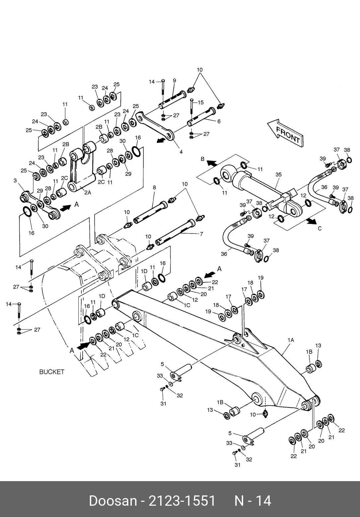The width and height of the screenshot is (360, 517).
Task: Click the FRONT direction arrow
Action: pos(285,133)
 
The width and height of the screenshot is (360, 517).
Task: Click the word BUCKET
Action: pos(52,372)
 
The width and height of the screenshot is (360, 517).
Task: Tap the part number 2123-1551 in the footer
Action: pos(182,500)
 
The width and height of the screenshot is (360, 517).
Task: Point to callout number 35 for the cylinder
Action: pos(278,174)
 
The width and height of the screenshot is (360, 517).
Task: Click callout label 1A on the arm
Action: pos(291,340)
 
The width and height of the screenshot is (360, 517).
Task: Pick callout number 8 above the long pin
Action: pos(154,188)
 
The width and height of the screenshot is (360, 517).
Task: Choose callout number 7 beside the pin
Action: pos(201,234)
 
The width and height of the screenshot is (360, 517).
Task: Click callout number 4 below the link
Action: pos(181,153)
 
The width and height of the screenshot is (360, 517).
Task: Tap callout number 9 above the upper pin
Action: pos(174,80)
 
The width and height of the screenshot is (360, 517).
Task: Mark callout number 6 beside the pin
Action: pos(219,122)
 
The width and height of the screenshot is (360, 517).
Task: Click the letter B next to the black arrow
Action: pos(203,159)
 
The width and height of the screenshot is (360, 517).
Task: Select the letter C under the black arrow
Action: pos(320,229)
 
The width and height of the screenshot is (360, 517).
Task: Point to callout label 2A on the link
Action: pos(87,193)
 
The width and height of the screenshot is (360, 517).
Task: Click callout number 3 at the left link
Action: pos(15,180)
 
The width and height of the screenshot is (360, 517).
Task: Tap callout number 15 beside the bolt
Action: pos(201,102)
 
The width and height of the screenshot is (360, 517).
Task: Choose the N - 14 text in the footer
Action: pos(253,500)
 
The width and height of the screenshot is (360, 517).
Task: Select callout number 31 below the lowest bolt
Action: pos(237,465)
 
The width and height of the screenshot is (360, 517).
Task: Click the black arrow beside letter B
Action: pos(212,163)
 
